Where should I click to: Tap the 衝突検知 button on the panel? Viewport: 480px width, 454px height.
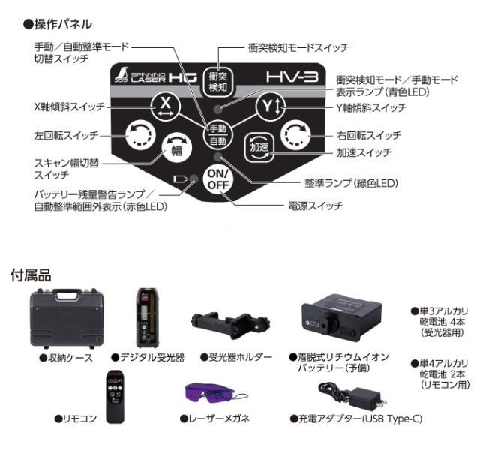217,81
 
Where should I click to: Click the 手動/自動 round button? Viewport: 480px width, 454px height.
218,134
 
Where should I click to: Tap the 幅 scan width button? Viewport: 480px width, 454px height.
174,149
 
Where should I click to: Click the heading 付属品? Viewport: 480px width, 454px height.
30,273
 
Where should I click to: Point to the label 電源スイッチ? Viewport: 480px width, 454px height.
315,205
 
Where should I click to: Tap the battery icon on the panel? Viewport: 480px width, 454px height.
179,179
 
